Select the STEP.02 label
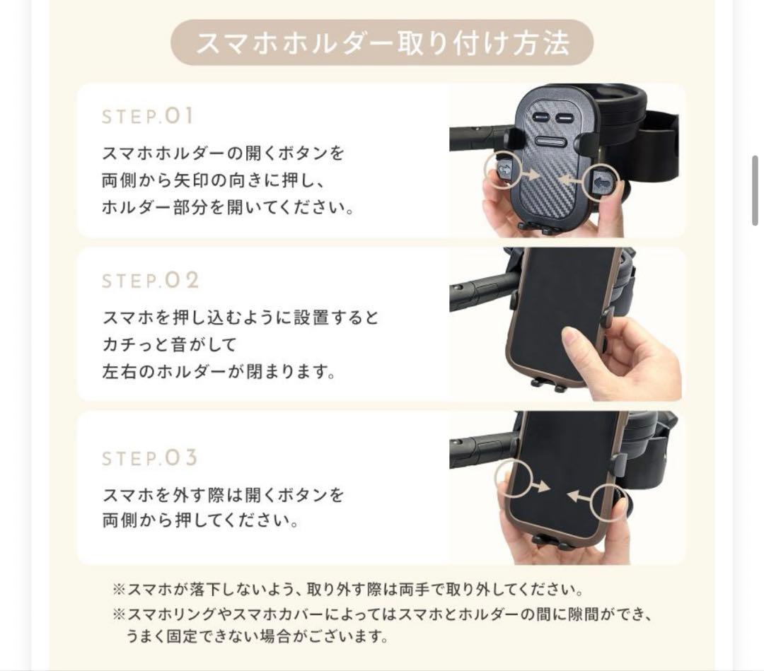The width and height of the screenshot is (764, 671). pyautogui.click(x=150, y=281)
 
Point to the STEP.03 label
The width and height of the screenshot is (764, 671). pyautogui.click(x=149, y=458)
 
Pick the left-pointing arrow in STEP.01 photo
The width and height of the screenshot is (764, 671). pyautogui.click(x=571, y=182)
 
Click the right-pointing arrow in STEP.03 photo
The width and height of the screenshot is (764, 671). pyautogui.click(x=539, y=486)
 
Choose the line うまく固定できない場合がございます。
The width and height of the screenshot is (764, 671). pyautogui.click(x=257, y=636)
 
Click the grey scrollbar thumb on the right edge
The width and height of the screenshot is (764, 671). pyautogui.click(x=755, y=190)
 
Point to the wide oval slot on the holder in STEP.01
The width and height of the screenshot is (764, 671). pyautogui.click(x=549, y=141)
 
